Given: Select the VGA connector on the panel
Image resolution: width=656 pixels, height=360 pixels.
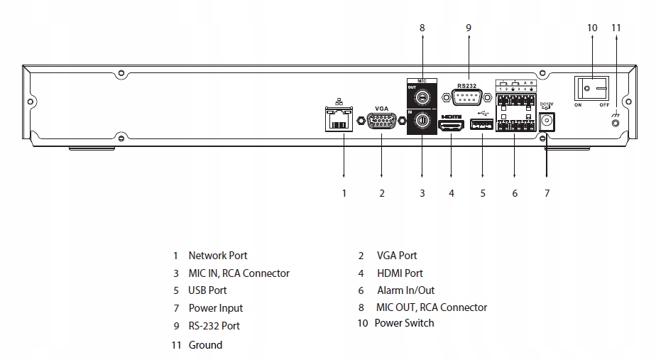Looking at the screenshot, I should point(382,122).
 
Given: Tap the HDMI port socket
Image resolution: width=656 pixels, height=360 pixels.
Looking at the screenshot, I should point(452,126).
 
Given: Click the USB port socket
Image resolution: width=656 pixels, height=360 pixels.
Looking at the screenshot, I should point(482,126).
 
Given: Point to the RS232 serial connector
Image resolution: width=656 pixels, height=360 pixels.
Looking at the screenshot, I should point(467,98).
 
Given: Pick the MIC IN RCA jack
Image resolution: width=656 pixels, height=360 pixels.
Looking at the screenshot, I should point(422,121).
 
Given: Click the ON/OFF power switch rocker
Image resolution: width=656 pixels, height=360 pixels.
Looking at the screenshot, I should point(592,89).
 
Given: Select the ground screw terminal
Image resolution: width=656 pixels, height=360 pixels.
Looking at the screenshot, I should point(616,123).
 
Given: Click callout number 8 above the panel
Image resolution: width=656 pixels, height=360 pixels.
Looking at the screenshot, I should point(422,28).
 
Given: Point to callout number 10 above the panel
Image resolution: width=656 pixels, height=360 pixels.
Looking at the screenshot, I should point(593,28).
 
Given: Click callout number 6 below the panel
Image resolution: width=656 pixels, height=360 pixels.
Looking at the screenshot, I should point(515,192).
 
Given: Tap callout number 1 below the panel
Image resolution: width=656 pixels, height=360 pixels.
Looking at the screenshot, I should point(344,192).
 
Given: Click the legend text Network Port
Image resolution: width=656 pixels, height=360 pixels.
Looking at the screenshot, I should point(218,256).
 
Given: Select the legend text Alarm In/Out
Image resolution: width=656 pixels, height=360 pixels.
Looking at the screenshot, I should point(406,290).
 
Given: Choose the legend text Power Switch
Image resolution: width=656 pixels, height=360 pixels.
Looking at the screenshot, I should point(404,323).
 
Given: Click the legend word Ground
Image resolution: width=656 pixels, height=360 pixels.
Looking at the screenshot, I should point(205,345).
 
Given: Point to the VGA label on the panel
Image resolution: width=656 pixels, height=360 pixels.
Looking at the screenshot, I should point(382,108).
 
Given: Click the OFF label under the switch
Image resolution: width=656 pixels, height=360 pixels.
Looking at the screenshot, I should point(603,104).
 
